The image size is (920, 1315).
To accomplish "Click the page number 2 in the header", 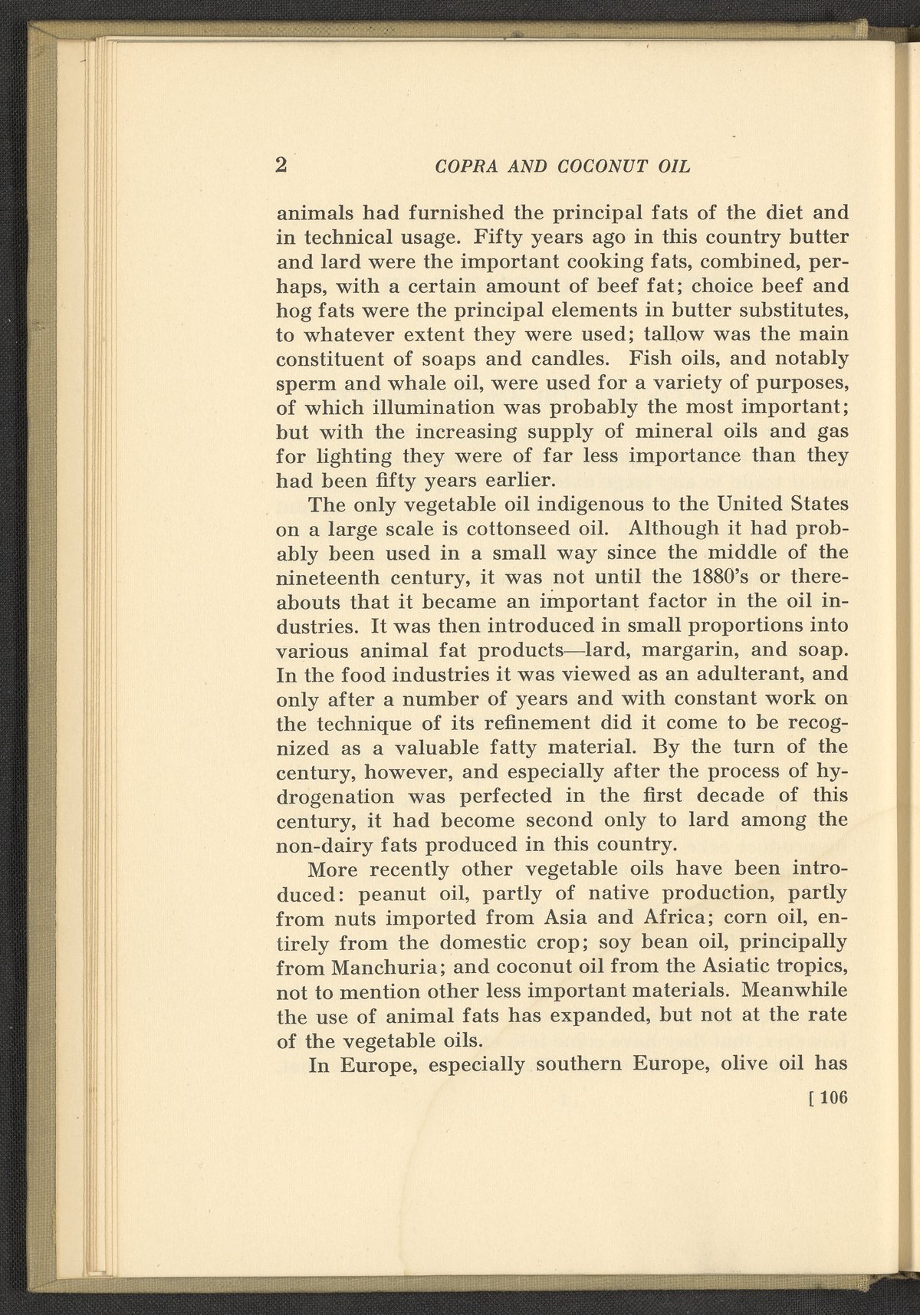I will click(x=281, y=166).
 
